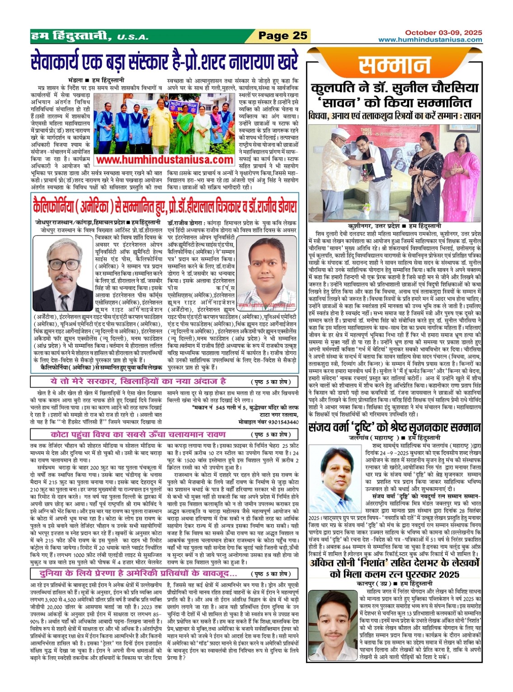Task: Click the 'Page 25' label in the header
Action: click(x=282, y=36)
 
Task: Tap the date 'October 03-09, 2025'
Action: click(x=443, y=33)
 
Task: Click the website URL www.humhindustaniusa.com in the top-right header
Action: click(x=430, y=40)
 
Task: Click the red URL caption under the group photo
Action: click(x=165, y=160)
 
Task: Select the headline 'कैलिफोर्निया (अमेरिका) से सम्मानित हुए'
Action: click(x=165, y=207)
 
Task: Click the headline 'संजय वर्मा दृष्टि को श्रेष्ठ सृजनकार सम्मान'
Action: click(x=395, y=427)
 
